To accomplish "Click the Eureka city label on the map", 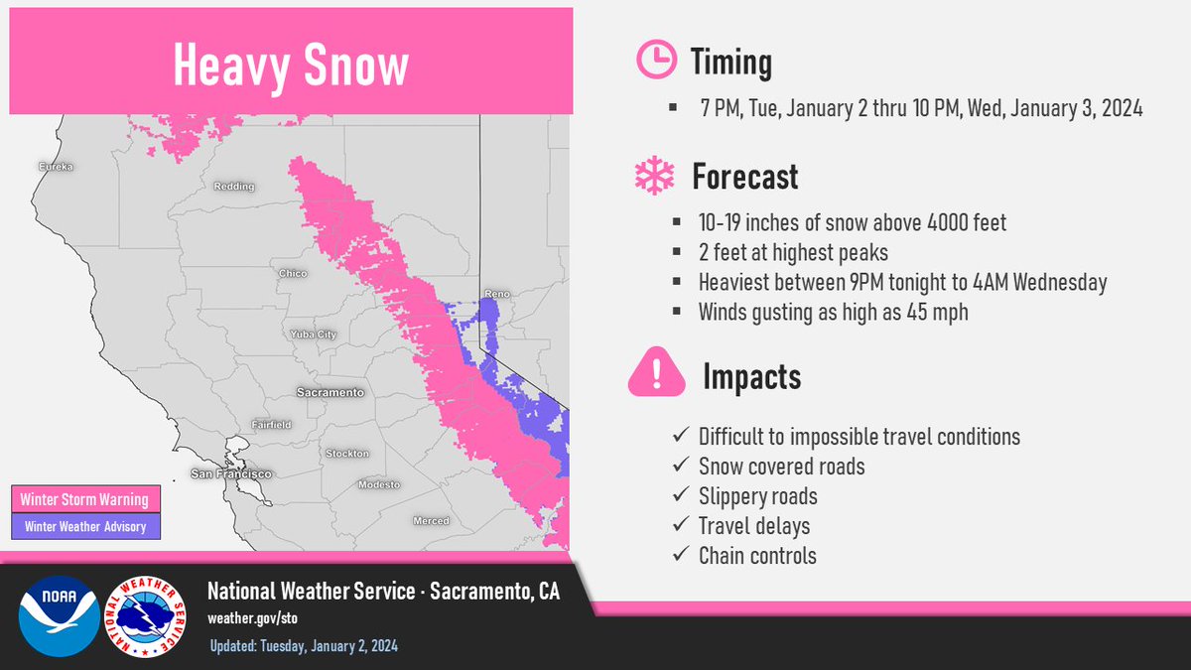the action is point(56,167).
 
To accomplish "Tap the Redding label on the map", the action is point(234,187).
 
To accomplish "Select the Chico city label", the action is point(293,273).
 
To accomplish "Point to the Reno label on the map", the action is point(497,294).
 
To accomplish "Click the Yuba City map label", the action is point(314,335).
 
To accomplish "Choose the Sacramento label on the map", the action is point(331,392).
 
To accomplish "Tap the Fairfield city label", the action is point(271,425).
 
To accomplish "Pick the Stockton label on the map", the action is point(347,453).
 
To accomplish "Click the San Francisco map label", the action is point(231,473).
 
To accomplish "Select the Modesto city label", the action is point(379,484).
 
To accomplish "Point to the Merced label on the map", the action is point(431,520).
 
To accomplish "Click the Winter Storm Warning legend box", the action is point(85,498).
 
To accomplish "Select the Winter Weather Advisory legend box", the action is point(85,526).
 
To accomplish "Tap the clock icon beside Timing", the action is point(657,59).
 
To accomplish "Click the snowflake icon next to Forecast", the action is point(654,176).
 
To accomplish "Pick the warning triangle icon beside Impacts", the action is point(657,371).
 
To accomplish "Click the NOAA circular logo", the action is point(59,616).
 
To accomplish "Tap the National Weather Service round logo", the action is point(145,616).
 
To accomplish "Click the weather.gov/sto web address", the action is point(252,618).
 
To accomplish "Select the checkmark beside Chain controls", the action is point(681,554).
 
